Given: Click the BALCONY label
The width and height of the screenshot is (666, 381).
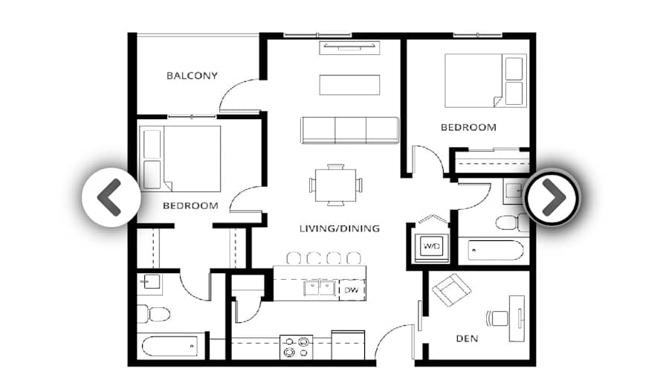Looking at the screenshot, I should pos(192,75).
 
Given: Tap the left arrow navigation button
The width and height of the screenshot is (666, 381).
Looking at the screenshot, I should pos(110,197).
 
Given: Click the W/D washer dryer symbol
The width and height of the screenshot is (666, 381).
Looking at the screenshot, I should pos(431,245).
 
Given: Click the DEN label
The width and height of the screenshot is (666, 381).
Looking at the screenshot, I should pos(466,339).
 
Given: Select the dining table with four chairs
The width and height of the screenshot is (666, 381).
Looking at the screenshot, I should pos(336,185).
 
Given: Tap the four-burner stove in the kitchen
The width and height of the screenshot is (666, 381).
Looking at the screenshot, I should pos(295,348).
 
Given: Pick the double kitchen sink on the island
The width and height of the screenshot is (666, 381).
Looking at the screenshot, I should pos(320,288).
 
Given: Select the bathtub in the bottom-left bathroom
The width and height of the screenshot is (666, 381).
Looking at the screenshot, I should pos(171,346).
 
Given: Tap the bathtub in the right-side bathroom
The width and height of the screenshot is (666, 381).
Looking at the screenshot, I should pos(497,251).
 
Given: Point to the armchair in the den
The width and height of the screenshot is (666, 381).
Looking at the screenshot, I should pos(451,290).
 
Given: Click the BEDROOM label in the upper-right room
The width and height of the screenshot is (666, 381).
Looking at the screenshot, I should pos(468,127).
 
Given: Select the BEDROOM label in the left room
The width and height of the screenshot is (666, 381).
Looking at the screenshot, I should pos(190,205).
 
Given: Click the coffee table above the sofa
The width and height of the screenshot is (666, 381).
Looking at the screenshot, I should pos(349,85).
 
